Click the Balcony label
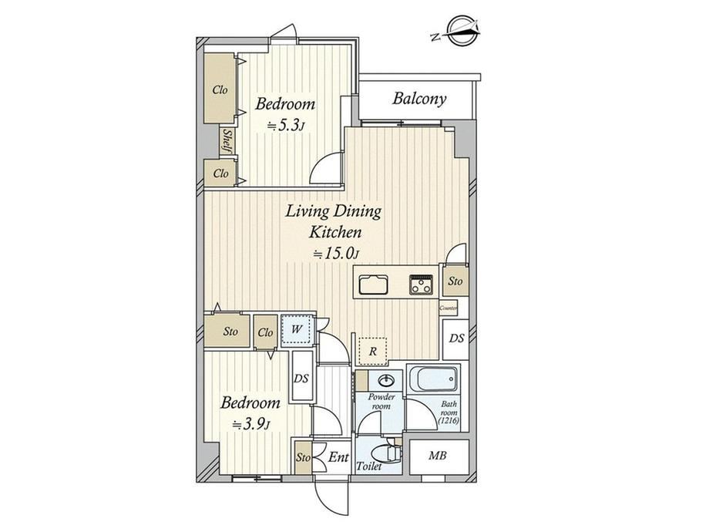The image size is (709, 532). pyautogui.click(x=419, y=99)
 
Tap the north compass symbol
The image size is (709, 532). pyautogui.click(x=459, y=31)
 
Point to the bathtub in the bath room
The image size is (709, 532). pyautogui.click(x=433, y=379)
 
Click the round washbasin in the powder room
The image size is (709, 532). pyautogui.click(x=385, y=381)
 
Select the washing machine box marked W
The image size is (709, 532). pyautogui.click(x=297, y=330)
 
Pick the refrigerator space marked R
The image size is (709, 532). pyautogui.click(x=372, y=351)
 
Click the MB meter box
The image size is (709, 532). pyautogui.click(x=439, y=456)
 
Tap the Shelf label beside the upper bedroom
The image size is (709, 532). pyautogui.click(x=227, y=140)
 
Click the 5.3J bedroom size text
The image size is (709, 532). pyautogui.click(x=284, y=126)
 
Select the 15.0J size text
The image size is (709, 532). pyautogui.click(x=336, y=254)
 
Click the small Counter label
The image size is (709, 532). pyautogui.click(x=448, y=308)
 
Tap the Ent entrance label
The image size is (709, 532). pyautogui.click(x=338, y=457)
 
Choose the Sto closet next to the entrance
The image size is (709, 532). pyautogui.click(x=304, y=457)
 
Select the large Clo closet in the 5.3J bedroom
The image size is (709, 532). pyautogui.click(x=220, y=89)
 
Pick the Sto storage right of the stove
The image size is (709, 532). pyautogui.click(x=455, y=281)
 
